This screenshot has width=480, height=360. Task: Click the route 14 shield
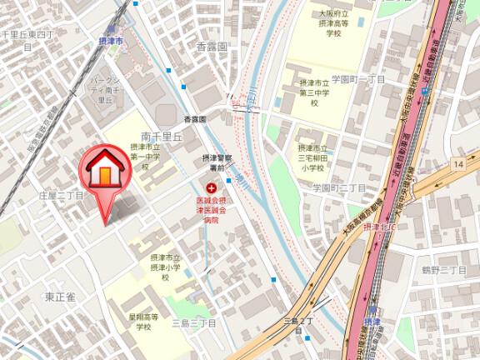tap(458, 166)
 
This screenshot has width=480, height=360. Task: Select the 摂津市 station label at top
tap(109, 41)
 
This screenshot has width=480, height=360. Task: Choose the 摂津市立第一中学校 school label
tap(144, 155)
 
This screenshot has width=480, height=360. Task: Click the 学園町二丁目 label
tap(339, 188)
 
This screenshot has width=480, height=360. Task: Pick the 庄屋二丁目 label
tap(61, 194)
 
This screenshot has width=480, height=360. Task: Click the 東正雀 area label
tap(60, 296)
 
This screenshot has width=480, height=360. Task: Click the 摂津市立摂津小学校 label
tap(166, 267)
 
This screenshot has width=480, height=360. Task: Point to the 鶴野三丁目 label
tap(443, 270)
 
